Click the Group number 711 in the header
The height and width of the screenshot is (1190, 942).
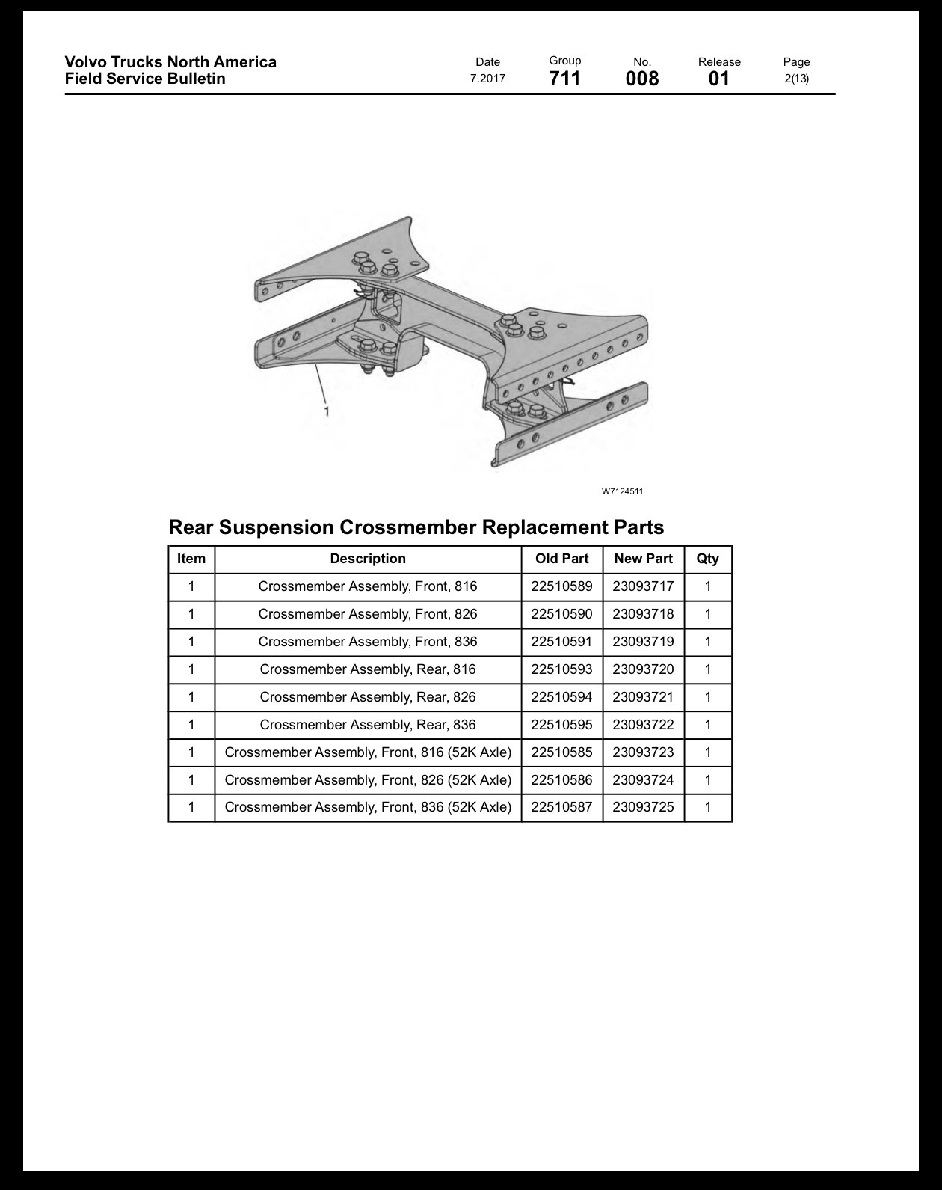pyautogui.click(x=564, y=79)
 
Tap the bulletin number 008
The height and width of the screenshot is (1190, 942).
pyautogui.click(x=641, y=79)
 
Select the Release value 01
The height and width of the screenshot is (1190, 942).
pyautogui.click(x=718, y=79)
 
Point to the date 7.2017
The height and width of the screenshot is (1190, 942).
pyautogui.click(x=487, y=79)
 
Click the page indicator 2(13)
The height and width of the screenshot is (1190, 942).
pyautogui.click(x=797, y=79)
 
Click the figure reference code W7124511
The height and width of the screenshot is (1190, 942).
pyautogui.click(x=623, y=491)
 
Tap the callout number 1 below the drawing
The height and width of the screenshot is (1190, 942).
pyautogui.click(x=327, y=411)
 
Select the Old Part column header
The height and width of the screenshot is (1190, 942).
pyautogui.click(x=561, y=559)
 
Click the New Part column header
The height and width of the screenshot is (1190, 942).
pyautogui.click(x=644, y=559)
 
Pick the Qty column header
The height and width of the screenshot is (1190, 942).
pyautogui.click(x=707, y=559)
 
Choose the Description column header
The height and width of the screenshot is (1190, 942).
pyautogui.click(x=368, y=559)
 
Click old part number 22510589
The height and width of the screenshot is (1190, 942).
pyautogui.click(x=561, y=586)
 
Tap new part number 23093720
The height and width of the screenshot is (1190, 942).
pyautogui.click(x=644, y=669)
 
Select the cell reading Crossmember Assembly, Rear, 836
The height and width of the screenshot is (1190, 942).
pyautogui.click(x=368, y=724)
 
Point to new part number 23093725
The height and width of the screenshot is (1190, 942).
pyautogui.click(x=644, y=807)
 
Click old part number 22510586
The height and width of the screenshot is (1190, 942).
pyautogui.click(x=561, y=779)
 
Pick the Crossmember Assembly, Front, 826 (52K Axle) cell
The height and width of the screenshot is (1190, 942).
pyautogui.click(x=368, y=780)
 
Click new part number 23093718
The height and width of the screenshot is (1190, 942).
pyautogui.click(x=644, y=614)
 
